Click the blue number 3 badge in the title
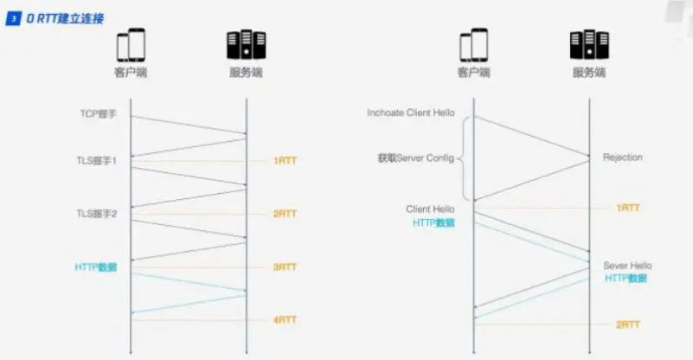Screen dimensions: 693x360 [13, 18]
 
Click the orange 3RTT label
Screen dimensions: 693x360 [285, 267]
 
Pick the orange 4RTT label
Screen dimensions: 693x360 [285, 320]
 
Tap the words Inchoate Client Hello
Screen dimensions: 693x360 [410, 113]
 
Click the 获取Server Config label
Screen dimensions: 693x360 [414, 158]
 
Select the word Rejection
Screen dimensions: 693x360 [622, 157]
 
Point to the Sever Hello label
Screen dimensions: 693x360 [627, 266]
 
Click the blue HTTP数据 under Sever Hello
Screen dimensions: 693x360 [625, 279]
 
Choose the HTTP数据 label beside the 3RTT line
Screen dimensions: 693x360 [95, 267]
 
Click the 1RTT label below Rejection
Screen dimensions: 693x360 [628, 209]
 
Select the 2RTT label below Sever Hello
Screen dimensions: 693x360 [628, 325]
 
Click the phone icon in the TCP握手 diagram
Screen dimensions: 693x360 [131, 45]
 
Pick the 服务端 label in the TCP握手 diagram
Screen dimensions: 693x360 [247, 73]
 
